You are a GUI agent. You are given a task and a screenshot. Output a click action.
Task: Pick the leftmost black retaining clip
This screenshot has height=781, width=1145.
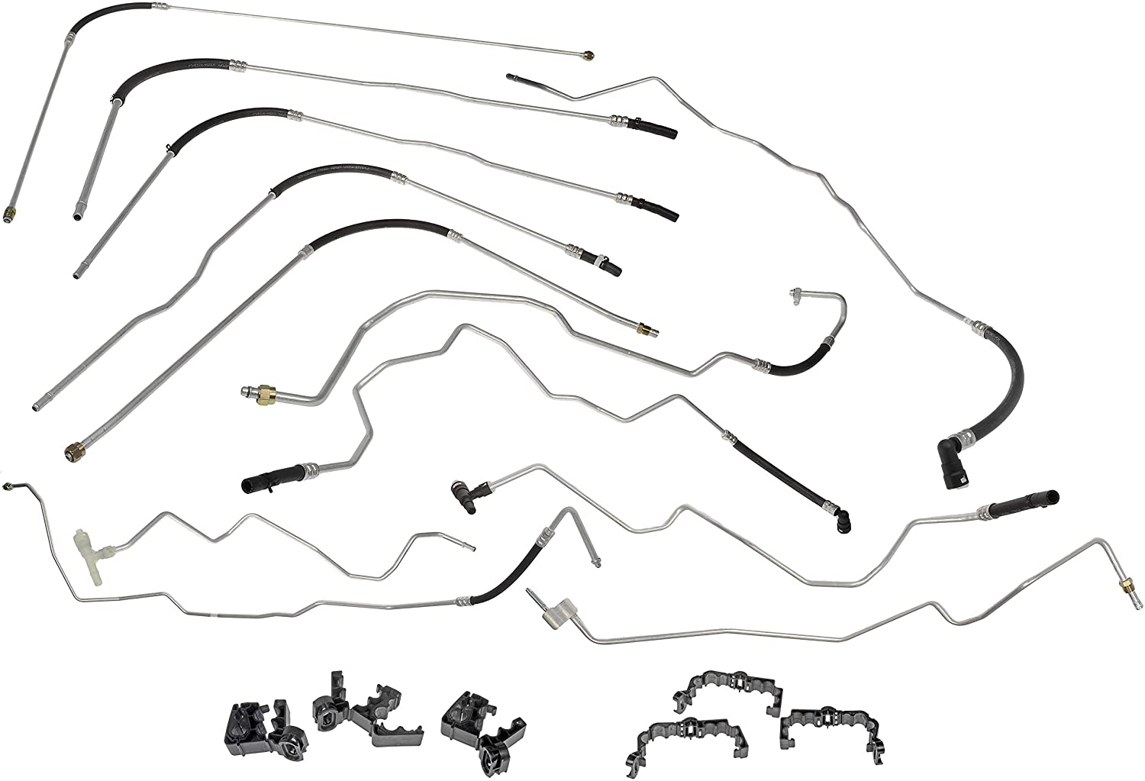(260, 730)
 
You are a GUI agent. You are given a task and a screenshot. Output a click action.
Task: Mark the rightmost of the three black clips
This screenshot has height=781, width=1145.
(481, 725)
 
